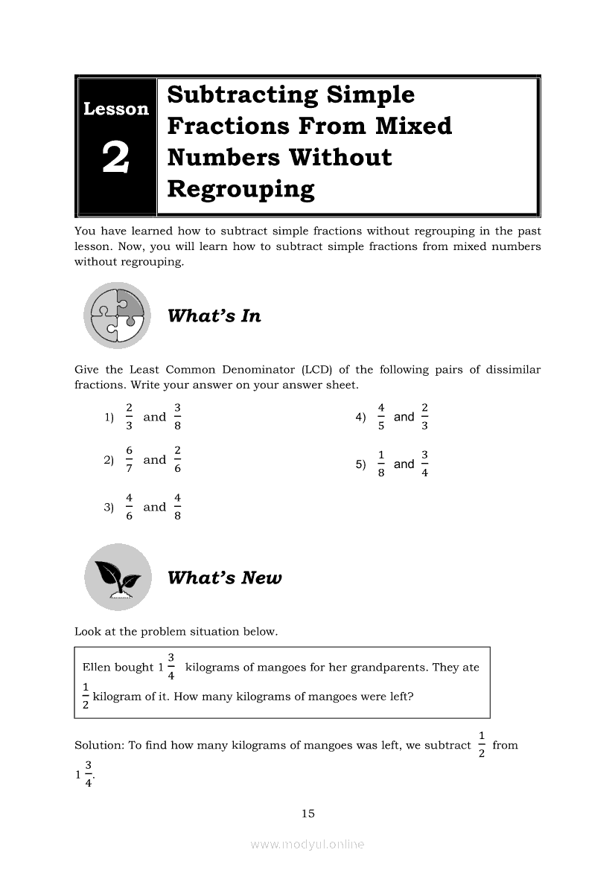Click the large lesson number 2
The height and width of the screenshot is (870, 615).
click(115, 159)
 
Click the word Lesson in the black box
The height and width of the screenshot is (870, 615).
click(115, 109)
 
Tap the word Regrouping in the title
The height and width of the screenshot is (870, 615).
click(240, 189)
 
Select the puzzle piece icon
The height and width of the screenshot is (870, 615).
click(117, 316)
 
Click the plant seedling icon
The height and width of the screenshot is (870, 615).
click(118, 577)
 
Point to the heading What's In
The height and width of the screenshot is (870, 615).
click(214, 316)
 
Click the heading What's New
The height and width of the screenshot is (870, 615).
click(224, 578)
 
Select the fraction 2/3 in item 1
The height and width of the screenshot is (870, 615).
click(129, 417)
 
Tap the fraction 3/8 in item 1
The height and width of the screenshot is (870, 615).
click(177, 417)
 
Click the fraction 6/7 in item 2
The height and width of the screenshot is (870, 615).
click(129, 460)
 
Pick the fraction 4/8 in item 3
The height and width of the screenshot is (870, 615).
click(177, 507)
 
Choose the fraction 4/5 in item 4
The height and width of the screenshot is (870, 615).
click(380, 417)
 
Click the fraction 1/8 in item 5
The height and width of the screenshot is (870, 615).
click(380, 464)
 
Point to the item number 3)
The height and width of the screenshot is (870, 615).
click(109, 508)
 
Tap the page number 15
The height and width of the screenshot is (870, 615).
click(308, 813)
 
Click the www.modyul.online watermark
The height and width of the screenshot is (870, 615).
click(307, 844)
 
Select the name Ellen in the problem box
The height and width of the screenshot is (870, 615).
click(96, 667)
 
